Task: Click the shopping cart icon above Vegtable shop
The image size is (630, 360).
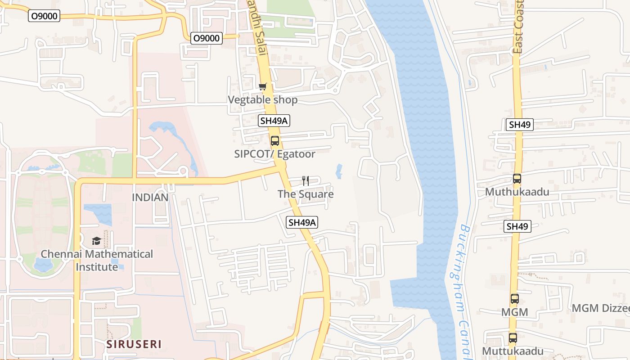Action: pos(262,86)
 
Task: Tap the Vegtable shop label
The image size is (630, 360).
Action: pos(262,99)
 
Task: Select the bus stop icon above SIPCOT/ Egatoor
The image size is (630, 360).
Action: pos(274,141)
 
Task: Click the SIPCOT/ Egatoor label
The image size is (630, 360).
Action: pos(274,154)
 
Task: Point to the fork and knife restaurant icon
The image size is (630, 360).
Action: pos(306,181)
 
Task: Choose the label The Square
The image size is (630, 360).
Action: pos(306,194)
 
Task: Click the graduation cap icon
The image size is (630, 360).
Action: pos(96,241)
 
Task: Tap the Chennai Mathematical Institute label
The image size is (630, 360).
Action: pos(97,260)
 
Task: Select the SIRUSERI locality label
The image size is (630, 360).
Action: pos(134,344)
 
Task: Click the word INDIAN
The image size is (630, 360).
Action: pos(150,197)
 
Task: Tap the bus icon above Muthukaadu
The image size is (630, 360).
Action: pos(517,179)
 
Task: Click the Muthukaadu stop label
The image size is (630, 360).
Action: pos(517,192)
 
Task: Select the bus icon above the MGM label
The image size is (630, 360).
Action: pos(514,298)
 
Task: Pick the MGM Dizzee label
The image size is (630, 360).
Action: pos(600,308)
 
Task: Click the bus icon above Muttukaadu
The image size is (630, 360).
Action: pos(513,337)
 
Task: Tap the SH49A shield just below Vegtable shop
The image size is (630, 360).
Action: pos(274,121)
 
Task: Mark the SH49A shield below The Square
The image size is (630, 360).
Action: pos(302,222)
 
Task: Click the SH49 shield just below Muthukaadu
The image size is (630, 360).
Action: pos(517,226)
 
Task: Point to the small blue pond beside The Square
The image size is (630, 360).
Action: pos(339,171)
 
